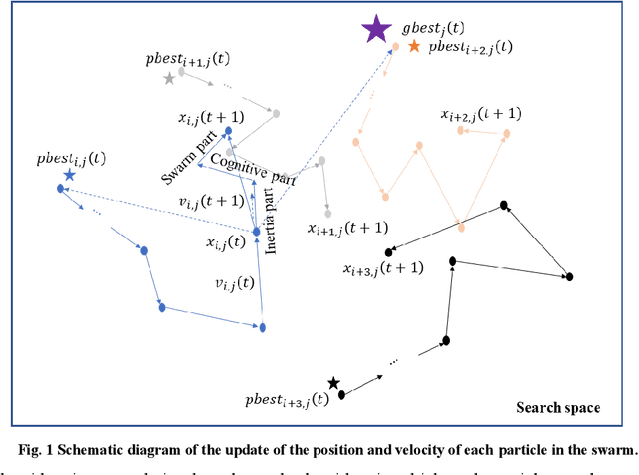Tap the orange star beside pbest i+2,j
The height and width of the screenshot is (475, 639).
(414, 46)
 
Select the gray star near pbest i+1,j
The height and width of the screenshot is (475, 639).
(169, 77)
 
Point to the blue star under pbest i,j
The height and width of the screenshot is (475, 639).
(69, 174)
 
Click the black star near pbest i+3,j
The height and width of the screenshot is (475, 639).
(333, 383)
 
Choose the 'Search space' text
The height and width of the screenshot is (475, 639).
(558, 407)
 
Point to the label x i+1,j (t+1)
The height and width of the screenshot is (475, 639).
(348, 228)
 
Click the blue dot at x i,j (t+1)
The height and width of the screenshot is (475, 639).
(228, 130)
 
